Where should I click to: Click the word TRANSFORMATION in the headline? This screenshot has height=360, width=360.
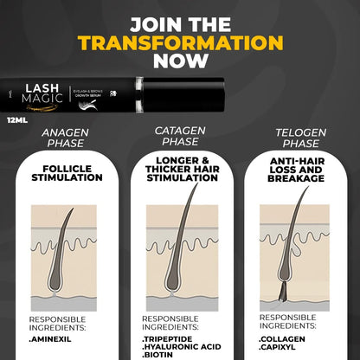pos(180,42)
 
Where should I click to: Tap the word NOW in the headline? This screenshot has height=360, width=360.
pos(180,61)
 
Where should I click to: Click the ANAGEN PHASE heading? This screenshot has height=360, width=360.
pos(66,138)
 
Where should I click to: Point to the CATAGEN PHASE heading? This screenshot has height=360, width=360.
pos(179,137)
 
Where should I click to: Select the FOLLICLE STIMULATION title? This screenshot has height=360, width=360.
pos(66,173)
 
